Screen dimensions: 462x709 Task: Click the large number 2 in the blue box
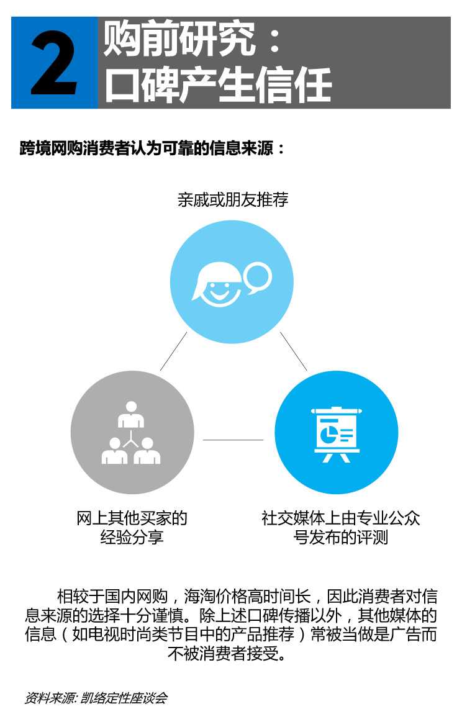pyautogui.click(x=54, y=63)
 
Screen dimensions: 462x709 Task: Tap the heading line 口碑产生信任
pyautogui.click(x=219, y=84)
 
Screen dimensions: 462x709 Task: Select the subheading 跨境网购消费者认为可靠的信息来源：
pyautogui.click(x=152, y=148)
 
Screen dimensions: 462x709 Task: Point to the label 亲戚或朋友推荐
pyautogui.click(x=233, y=199)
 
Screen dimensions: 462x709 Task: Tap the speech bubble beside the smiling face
pyautogui.click(x=258, y=278)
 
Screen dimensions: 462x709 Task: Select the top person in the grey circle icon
pyautogui.click(x=131, y=414)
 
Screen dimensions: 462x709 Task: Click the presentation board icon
pyautogui.click(x=337, y=435)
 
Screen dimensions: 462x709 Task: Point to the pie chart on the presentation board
pyautogui.click(x=327, y=435)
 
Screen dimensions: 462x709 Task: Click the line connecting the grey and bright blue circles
pyautogui.click(x=233, y=440)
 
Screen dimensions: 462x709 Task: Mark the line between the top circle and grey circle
pyautogui.click(x=174, y=351)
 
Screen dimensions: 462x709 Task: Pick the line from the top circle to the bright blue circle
pyautogui.click(x=294, y=351)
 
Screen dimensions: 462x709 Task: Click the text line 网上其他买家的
pyautogui.click(x=132, y=518)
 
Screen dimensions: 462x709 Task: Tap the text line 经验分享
pyautogui.click(x=132, y=537)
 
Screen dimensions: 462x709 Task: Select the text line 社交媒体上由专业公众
pyautogui.click(x=341, y=518)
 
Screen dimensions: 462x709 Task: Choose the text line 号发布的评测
pyautogui.click(x=341, y=537)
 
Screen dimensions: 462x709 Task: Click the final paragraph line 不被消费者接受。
pyautogui.click(x=227, y=653)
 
